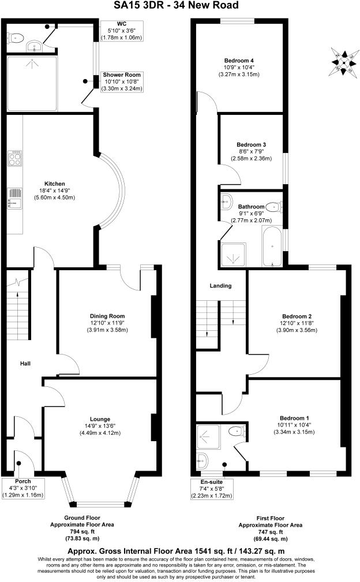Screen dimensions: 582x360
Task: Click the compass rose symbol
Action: pos(344,60)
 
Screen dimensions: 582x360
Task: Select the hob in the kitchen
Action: pos(14,158)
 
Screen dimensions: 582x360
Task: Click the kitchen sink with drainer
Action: pos(14,198)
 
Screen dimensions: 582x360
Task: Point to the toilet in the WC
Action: pos(16,38)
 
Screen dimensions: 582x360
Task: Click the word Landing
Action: pos(220,286)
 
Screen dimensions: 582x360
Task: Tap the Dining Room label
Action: pos(107,316)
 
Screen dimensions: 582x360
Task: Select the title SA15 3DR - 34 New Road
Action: pos(179,6)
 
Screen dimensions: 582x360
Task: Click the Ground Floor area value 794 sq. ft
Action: pos(92,531)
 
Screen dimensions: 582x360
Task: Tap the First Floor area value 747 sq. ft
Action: pos(270,531)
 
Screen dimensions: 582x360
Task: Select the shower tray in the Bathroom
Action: pos(234,255)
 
